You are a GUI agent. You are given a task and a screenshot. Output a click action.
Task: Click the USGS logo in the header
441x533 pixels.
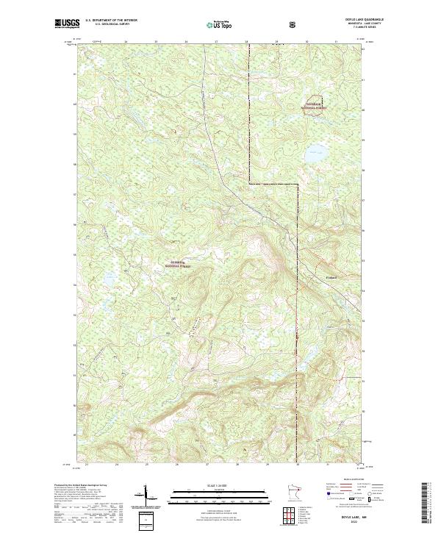[x=67, y=24]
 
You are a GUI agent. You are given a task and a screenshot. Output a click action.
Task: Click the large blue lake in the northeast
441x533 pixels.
[x=315, y=156]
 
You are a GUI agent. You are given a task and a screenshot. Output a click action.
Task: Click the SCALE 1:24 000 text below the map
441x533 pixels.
[x=210, y=486]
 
